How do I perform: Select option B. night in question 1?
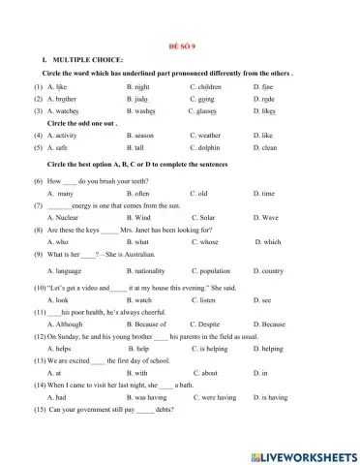tap(142, 86)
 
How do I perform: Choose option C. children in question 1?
tap(209, 86)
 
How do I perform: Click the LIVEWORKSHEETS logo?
tap(302, 453)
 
